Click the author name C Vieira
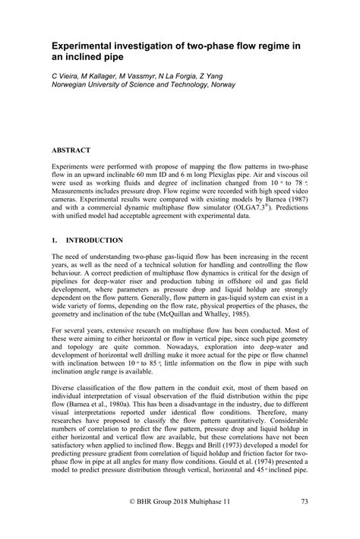[x=66, y=78]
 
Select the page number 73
[x=303, y=523]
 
